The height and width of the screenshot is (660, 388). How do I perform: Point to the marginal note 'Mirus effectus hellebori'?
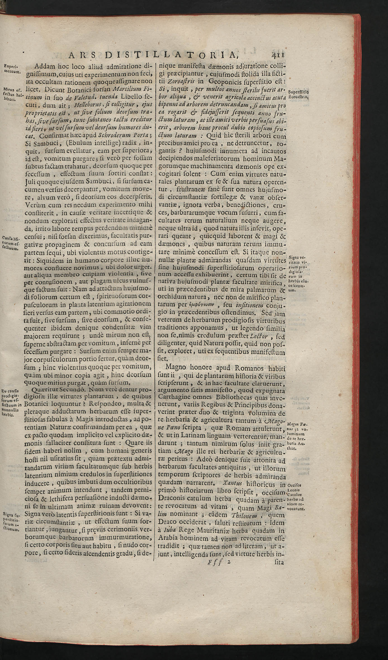tap(12, 95)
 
